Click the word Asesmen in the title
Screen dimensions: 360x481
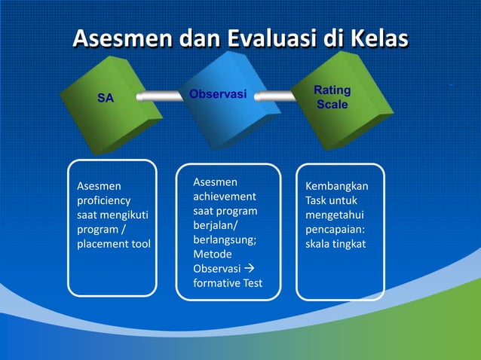[x=121, y=38]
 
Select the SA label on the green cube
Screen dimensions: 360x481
[x=106, y=98]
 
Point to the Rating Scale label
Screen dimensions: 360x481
[x=332, y=98]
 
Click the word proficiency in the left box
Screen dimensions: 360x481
[x=104, y=200]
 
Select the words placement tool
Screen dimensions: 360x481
[x=114, y=244]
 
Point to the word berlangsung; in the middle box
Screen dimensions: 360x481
[x=225, y=240]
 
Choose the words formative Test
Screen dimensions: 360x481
[x=228, y=283]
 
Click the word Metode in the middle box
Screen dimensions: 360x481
[x=213, y=255]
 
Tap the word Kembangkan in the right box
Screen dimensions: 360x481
[x=337, y=186]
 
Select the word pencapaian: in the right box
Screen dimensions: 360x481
[x=335, y=230]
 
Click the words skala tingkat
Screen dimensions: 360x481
[x=335, y=244]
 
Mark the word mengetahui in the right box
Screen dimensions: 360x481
[x=333, y=215]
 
